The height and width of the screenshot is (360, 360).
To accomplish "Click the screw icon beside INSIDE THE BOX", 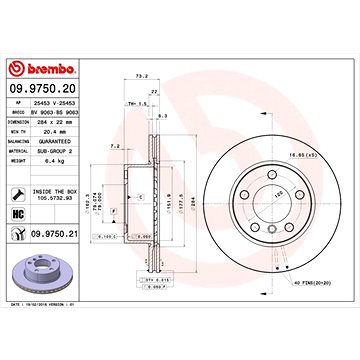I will point(18,193).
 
